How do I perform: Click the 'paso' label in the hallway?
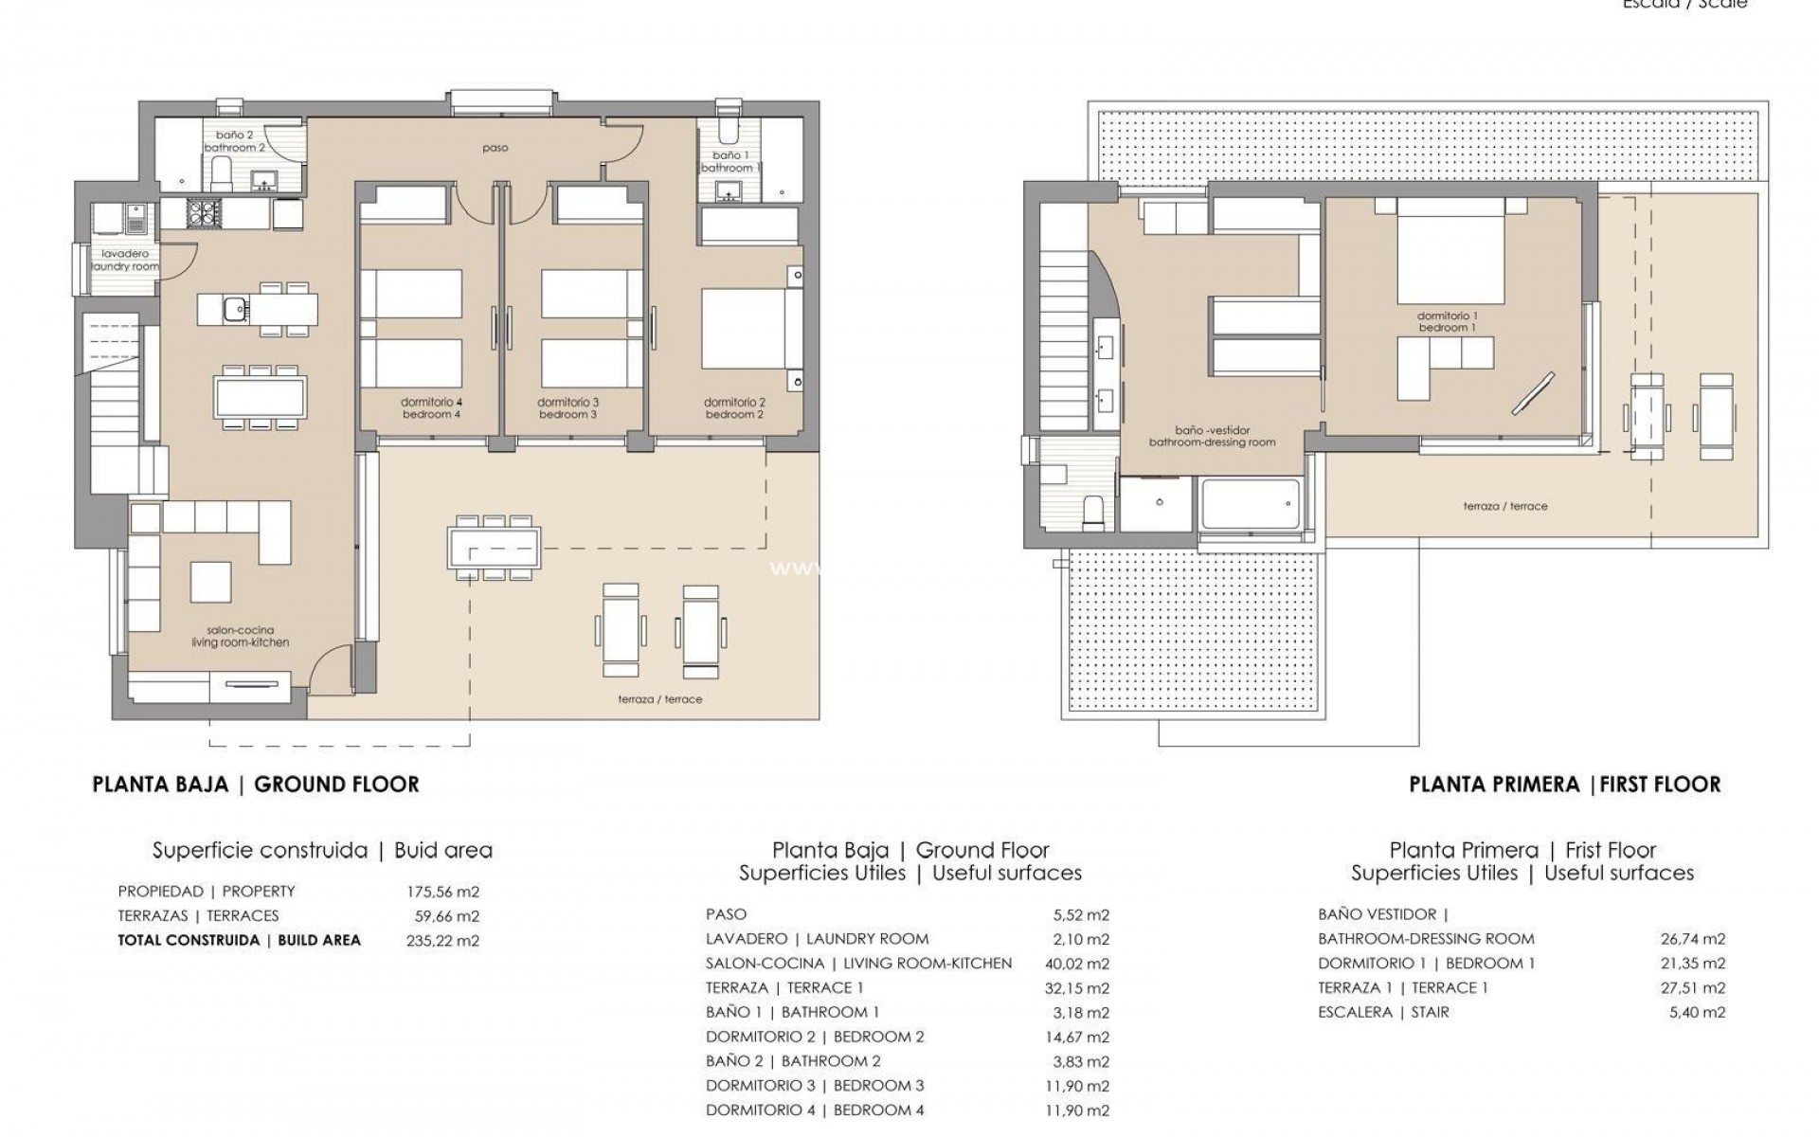495,148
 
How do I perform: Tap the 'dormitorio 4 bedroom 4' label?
431,408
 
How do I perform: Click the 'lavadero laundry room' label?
125,261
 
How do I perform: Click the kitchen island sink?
234,308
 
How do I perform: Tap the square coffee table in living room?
210,582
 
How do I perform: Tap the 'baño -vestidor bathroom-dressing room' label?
1212,436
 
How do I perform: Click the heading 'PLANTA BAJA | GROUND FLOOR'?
256,785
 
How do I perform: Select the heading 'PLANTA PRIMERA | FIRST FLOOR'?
1564,785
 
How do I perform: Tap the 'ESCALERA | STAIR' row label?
1383,1012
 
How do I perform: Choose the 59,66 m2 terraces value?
447,916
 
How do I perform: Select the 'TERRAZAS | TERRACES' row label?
198,916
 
